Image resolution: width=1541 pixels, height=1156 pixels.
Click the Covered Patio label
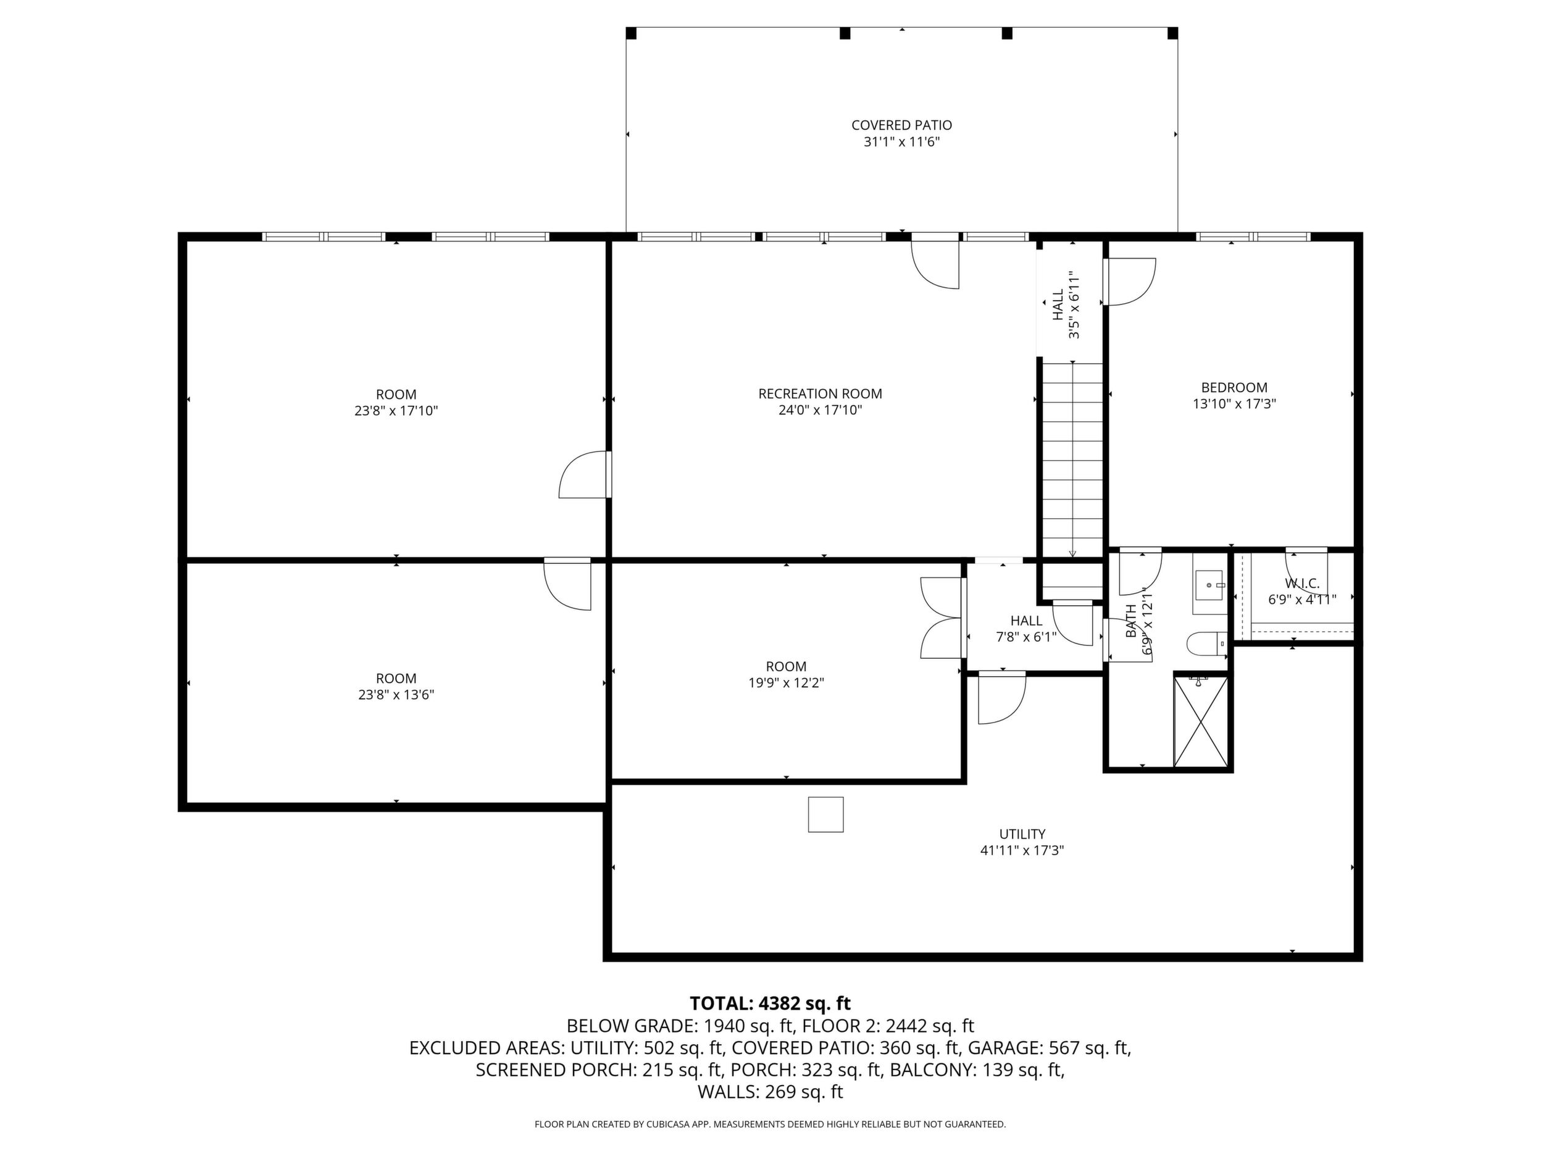[x=901, y=125]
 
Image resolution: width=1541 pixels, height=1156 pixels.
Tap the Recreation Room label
[x=820, y=394]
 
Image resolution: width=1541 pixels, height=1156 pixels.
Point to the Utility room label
[x=1022, y=834]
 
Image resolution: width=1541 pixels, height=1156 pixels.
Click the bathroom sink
[x=1210, y=585]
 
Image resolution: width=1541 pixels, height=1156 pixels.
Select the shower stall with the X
[x=1201, y=721]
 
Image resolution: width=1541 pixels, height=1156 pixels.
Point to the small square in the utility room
[x=825, y=814]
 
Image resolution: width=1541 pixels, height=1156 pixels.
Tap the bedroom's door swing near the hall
[x=1129, y=282]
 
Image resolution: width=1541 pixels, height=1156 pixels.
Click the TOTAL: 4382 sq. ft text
[x=770, y=1003]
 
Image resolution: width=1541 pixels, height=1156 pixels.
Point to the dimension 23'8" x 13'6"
[x=396, y=695]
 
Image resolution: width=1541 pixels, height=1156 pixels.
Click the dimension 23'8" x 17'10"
[x=396, y=411]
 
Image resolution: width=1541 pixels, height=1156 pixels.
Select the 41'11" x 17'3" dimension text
[x=1022, y=850]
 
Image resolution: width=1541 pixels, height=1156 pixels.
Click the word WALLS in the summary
[x=728, y=1092]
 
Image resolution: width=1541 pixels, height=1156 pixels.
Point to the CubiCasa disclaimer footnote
[x=770, y=1124]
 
